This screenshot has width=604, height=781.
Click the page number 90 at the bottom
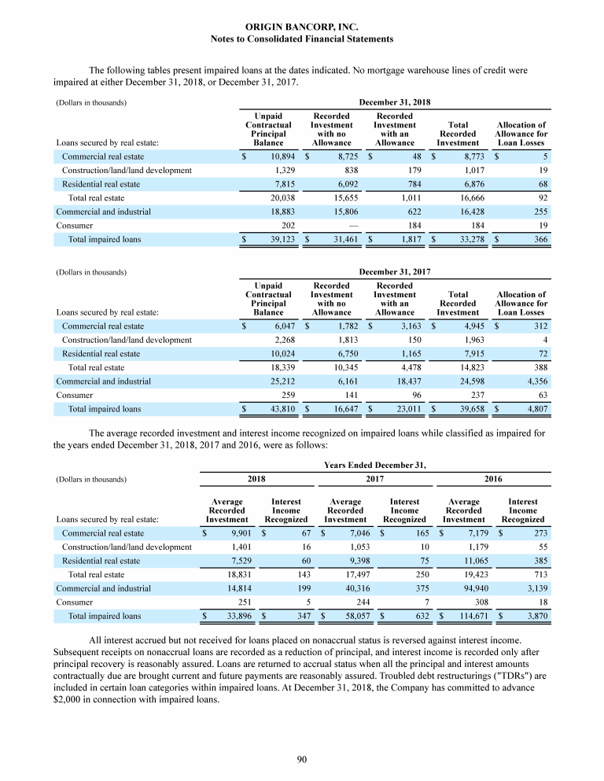tap(302, 758)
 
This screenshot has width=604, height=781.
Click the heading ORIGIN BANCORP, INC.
tap(302, 27)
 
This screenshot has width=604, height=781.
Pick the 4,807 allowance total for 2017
tap(535, 408)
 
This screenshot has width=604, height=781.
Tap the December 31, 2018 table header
tap(394, 103)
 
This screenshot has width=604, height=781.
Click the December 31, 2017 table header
tap(394, 272)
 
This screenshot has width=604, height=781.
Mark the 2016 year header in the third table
tap(493, 478)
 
